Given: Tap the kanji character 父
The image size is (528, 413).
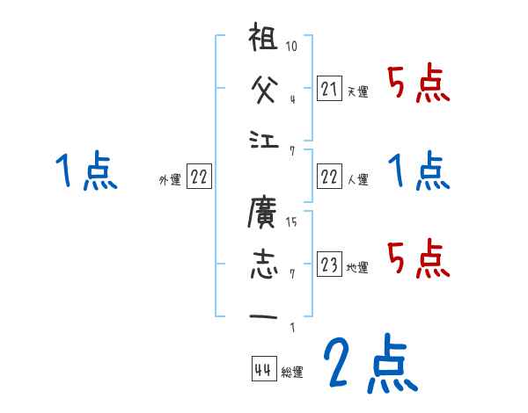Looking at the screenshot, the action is [x=265, y=89].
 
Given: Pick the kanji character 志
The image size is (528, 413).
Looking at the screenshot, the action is [x=265, y=263].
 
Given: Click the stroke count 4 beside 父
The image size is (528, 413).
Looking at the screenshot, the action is [x=291, y=99].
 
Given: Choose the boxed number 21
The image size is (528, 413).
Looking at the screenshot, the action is [x=329, y=88].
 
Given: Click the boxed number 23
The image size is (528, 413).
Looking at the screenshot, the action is [x=329, y=264].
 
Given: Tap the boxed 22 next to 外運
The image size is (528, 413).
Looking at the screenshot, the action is [x=199, y=177].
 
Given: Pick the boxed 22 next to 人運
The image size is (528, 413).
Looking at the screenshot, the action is [x=329, y=177].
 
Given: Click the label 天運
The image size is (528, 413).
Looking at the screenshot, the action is [x=357, y=91].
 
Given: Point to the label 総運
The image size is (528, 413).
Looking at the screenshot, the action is [x=292, y=373].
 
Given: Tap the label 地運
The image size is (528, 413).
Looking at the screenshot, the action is [x=357, y=267].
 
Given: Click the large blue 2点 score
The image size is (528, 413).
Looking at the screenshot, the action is [x=369, y=365].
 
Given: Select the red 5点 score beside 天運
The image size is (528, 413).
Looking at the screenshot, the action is [x=419, y=84].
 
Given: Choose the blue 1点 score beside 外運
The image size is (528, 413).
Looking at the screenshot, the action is [x=85, y=170].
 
